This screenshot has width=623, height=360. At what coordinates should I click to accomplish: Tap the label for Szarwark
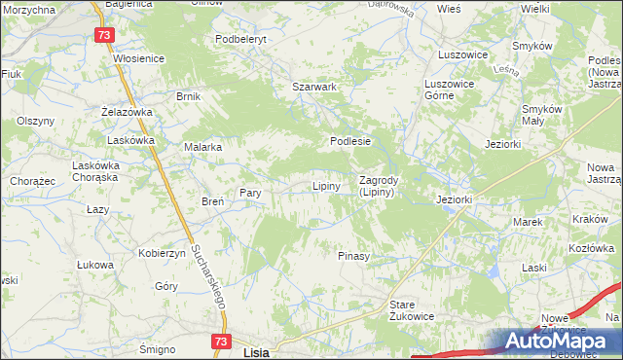click(314, 87)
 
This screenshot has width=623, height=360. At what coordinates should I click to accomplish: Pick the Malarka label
click(203, 147)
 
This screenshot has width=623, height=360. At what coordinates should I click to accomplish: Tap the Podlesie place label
click(350, 141)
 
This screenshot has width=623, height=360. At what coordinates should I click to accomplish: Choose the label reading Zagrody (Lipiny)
click(376, 186)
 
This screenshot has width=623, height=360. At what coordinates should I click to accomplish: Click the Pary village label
click(250, 193)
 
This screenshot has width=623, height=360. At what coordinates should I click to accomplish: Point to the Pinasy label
click(353, 256)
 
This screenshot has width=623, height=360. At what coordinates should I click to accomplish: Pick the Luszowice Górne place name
click(449, 90)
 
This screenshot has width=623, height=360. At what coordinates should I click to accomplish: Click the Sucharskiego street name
click(209, 275)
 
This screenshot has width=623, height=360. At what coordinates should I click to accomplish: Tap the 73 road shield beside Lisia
click(222, 342)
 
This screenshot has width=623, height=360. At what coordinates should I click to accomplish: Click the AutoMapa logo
click(563, 341)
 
